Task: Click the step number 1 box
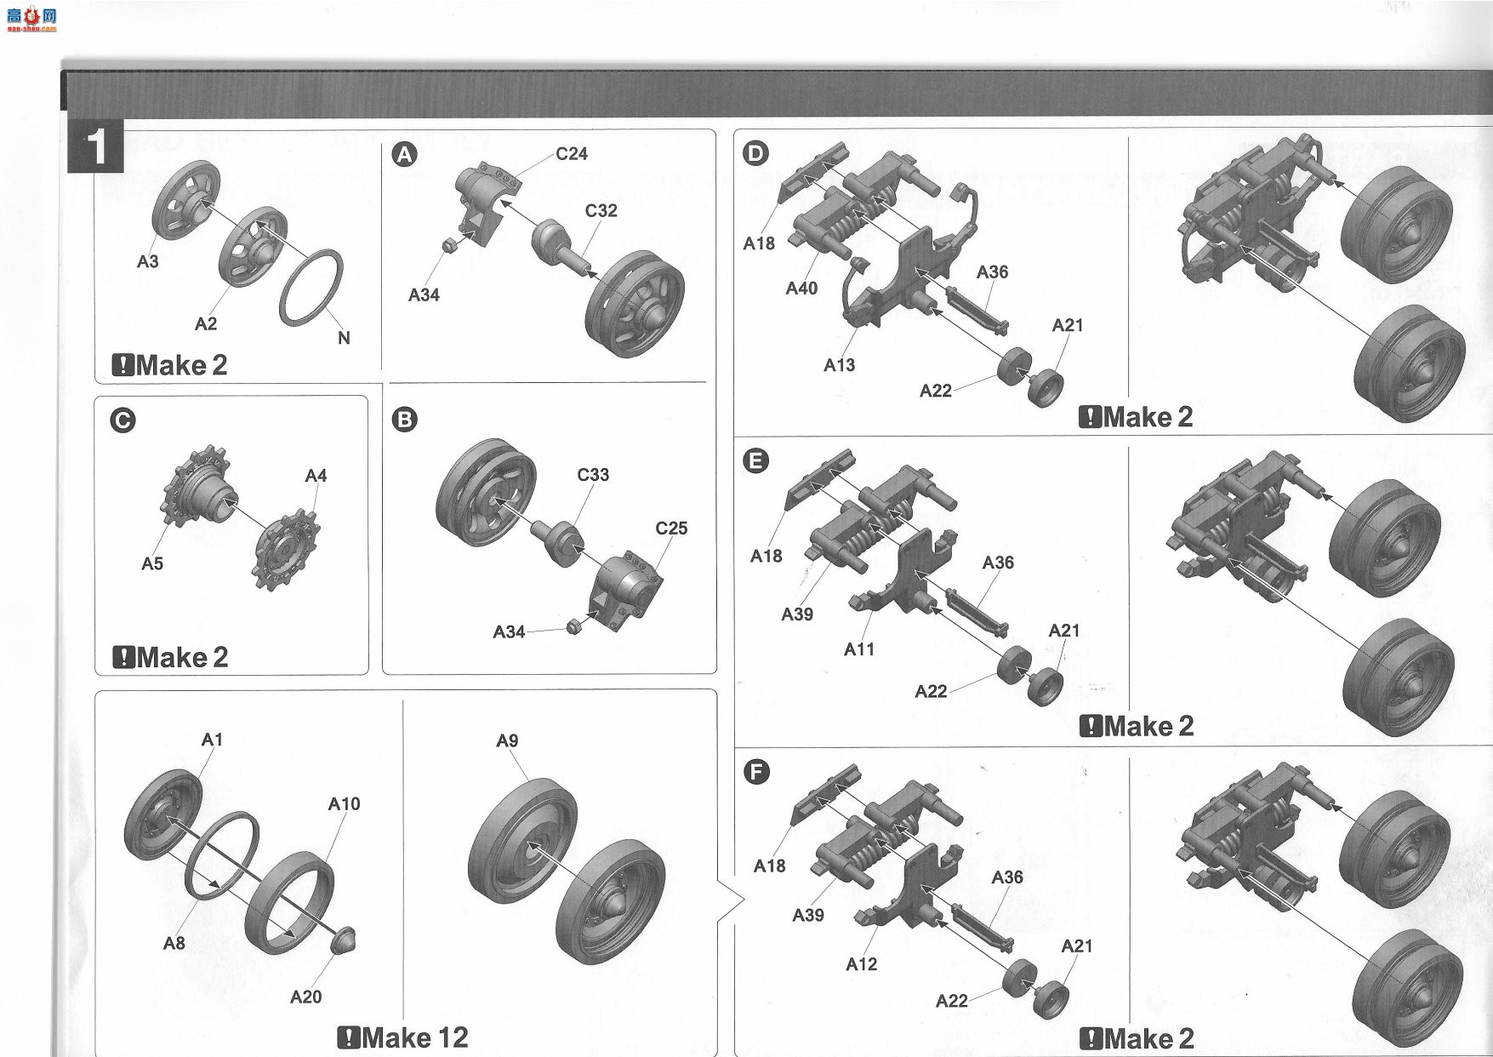click(97, 146)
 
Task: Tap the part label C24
click(572, 154)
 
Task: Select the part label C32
click(601, 211)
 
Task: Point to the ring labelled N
click(313, 287)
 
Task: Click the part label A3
click(148, 261)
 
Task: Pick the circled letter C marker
click(123, 421)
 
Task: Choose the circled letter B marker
click(406, 420)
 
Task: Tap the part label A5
click(152, 563)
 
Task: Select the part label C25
click(671, 528)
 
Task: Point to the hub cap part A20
click(342, 940)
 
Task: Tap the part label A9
click(507, 741)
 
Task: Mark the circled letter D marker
click(755, 153)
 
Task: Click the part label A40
click(801, 289)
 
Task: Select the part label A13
click(839, 365)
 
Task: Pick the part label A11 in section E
click(859, 649)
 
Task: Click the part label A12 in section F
click(861, 964)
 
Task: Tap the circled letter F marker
click(755, 773)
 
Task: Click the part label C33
click(593, 475)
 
